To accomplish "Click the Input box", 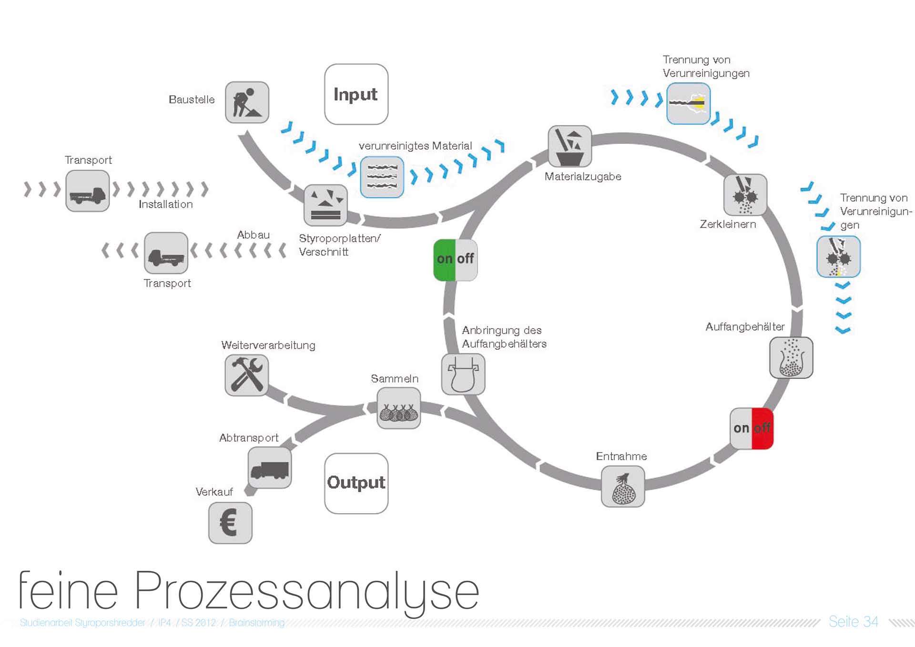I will click(x=356, y=94).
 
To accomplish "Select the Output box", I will click(x=356, y=483).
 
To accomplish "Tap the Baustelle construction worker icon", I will click(x=247, y=102).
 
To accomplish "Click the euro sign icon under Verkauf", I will click(x=230, y=523).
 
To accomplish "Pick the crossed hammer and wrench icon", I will click(x=246, y=375).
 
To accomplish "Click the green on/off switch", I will click(x=455, y=260).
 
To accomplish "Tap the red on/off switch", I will click(x=752, y=428).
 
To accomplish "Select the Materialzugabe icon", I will click(x=569, y=146).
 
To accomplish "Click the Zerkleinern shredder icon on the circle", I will click(x=745, y=195).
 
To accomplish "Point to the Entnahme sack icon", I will click(x=622, y=486).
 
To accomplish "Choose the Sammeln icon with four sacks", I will click(x=398, y=408).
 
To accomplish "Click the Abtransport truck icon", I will click(x=269, y=467).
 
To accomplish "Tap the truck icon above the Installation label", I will click(x=88, y=191).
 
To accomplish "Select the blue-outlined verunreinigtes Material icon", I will click(x=382, y=177).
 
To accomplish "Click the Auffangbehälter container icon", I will click(x=791, y=357).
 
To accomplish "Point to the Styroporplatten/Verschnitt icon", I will click(x=325, y=205).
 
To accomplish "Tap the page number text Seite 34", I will click(x=853, y=622).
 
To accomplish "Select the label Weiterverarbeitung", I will click(x=268, y=345).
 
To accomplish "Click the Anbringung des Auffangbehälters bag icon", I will click(x=463, y=374).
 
